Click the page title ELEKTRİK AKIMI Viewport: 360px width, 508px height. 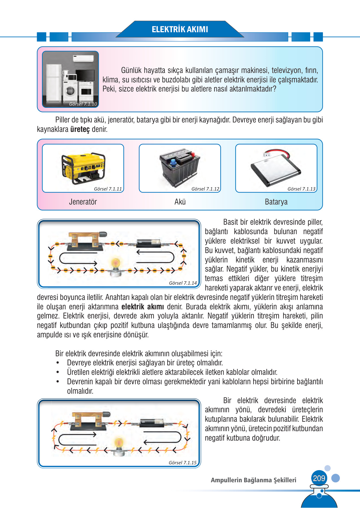[x=180, y=29]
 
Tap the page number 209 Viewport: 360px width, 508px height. [x=319, y=478]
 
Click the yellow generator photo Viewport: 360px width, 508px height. [x=83, y=167]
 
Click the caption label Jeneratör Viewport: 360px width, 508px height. [x=83, y=202]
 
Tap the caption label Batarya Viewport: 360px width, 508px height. [x=276, y=202]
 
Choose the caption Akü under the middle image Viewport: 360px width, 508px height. [x=180, y=202]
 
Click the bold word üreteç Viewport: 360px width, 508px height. [x=80, y=129]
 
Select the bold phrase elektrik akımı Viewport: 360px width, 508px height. [x=143, y=307]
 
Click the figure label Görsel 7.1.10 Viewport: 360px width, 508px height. [x=83, y=104]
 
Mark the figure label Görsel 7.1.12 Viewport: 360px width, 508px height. [x=205, y=189]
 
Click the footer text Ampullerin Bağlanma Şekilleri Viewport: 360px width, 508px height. [x=253, y=480]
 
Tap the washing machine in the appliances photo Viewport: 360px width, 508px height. [x=71, y=91]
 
